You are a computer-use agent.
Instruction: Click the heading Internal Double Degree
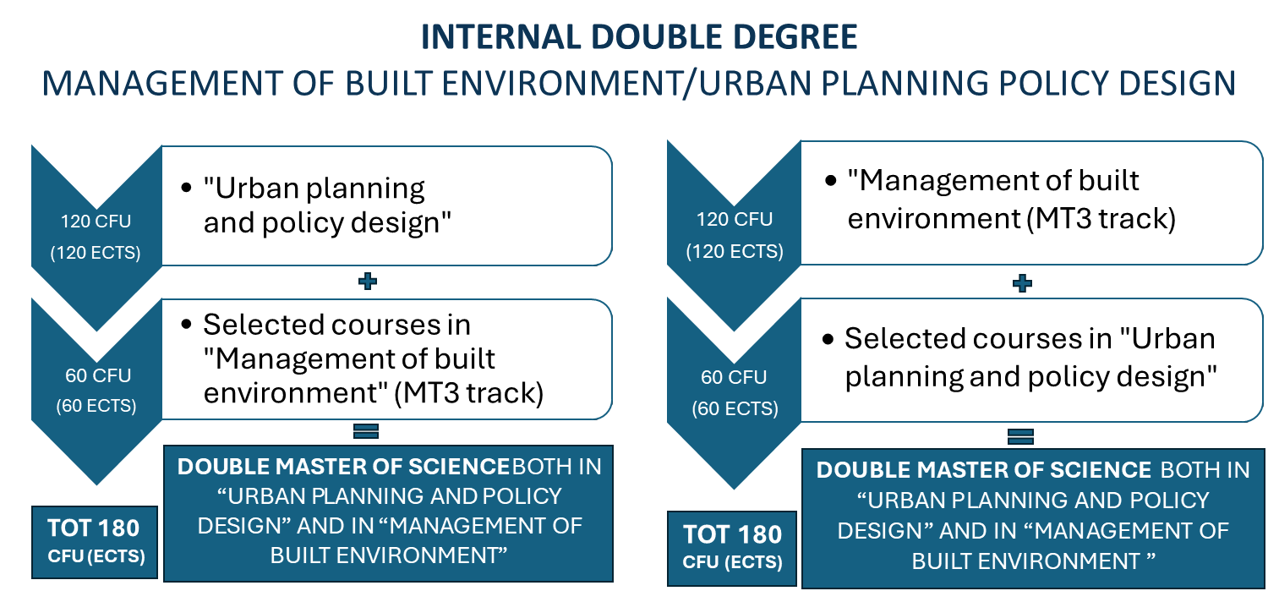(x=639, y=37)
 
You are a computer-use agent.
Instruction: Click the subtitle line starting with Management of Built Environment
(x=639, y=83)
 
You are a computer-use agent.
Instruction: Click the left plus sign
(x=367, y=282)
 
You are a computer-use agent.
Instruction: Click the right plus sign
(x=1022, y=283)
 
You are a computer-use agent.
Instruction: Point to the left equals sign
(x=365, y=432)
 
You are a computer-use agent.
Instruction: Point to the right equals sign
(x=1021, y=437)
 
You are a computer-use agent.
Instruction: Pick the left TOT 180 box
(x=94, y=541)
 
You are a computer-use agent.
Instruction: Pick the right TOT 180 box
(x=732, y=547)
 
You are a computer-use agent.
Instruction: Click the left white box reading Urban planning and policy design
(x=386, y=205)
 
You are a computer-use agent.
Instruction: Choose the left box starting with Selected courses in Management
(x=386, y=358)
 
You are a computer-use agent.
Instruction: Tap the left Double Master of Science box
(x=388, y=512)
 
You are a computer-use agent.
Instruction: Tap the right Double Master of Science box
(x=1032, y=517)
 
